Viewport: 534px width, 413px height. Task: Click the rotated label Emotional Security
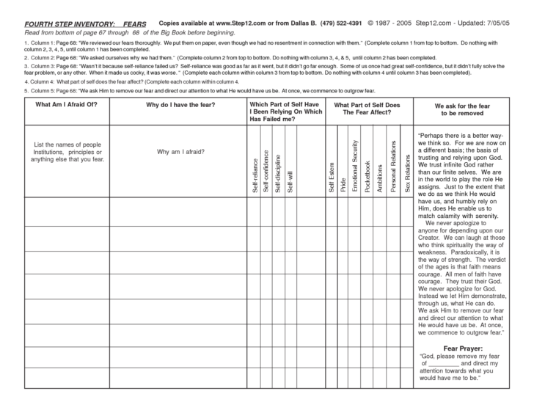[x=356, y=166]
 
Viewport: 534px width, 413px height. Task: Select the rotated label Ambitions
[x=379, y=176]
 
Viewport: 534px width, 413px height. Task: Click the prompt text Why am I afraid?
[x=180, y=152]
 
